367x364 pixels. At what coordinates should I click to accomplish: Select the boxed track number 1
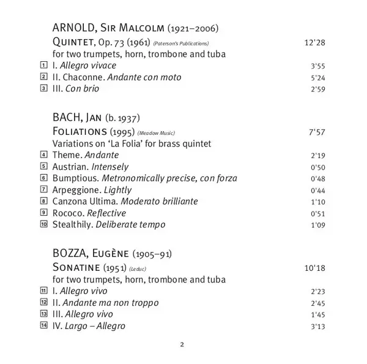tap(43, 66)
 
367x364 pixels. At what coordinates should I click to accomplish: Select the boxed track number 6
tap(43, 178)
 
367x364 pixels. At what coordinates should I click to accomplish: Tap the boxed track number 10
tap(43, 224)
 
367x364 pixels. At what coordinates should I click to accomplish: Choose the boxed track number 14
tap(43, 325)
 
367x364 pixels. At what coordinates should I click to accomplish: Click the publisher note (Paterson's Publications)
tap(181, 44)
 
